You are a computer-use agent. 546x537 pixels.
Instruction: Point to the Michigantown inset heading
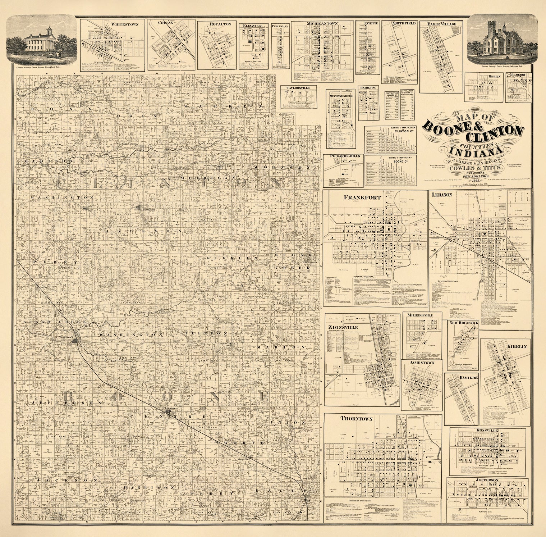coord(322,24)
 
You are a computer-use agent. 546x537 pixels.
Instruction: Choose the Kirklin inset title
coord(517,346)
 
